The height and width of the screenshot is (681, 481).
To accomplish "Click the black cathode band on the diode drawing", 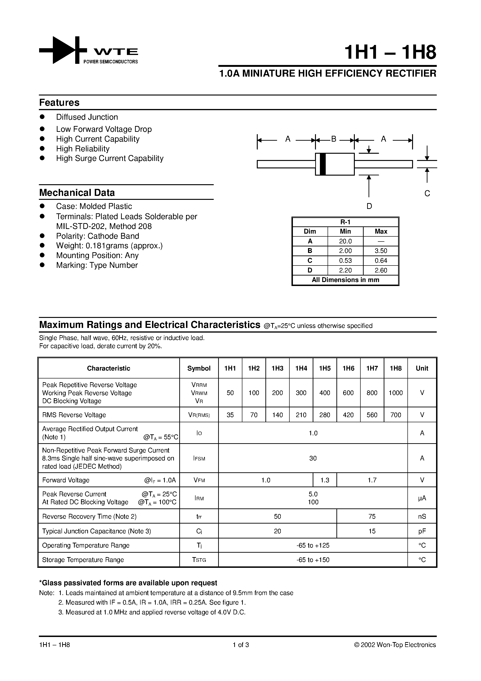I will pyautogui.click(x=323, y=164).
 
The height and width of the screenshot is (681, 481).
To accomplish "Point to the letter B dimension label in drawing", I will pyautogui.click(x=334, y=139).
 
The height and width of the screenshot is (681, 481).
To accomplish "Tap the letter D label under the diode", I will pyautogui.click(x=369, y=206).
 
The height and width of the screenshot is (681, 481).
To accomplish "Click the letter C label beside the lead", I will pyautogui.click(x=427, y=193).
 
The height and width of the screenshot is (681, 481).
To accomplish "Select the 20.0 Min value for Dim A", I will pyautogui.click(x=346, y=241).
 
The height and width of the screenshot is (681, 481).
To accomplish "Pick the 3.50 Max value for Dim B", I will pyautogui.click(x=381, y=251).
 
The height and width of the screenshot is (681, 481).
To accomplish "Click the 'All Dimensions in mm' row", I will pyautogui.click(x=346, y=280).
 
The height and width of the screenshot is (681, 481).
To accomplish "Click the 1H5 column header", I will pyautogui.click(x=325, y=368).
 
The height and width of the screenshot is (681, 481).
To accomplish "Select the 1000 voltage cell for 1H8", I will pyautogui.click(x=396, y=393).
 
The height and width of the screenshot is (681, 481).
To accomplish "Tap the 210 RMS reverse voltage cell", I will pyautogui.click(x=301, y=415).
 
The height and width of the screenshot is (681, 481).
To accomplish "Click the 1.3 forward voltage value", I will pyautogui.click(x=325, y=480).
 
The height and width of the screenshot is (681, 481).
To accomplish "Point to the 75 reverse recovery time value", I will pyautogui.click(x=372, y=516).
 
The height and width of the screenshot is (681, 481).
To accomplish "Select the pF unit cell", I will pyautogui.click(x=422, y=531).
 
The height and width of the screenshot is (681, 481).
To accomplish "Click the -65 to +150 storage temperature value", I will pyautogui.click(x=313, y=560).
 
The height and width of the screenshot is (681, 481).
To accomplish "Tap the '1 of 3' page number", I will pyautogui.click(x=240, y=645).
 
